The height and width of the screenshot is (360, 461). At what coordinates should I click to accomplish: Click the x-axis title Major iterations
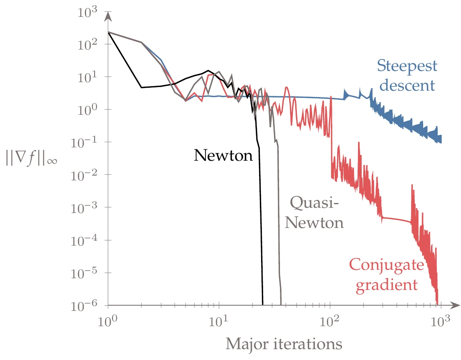click(284, 344)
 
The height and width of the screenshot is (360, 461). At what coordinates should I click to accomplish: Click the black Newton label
click(223, 155)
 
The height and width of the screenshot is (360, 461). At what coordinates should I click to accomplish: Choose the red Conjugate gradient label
click(386, 275)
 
